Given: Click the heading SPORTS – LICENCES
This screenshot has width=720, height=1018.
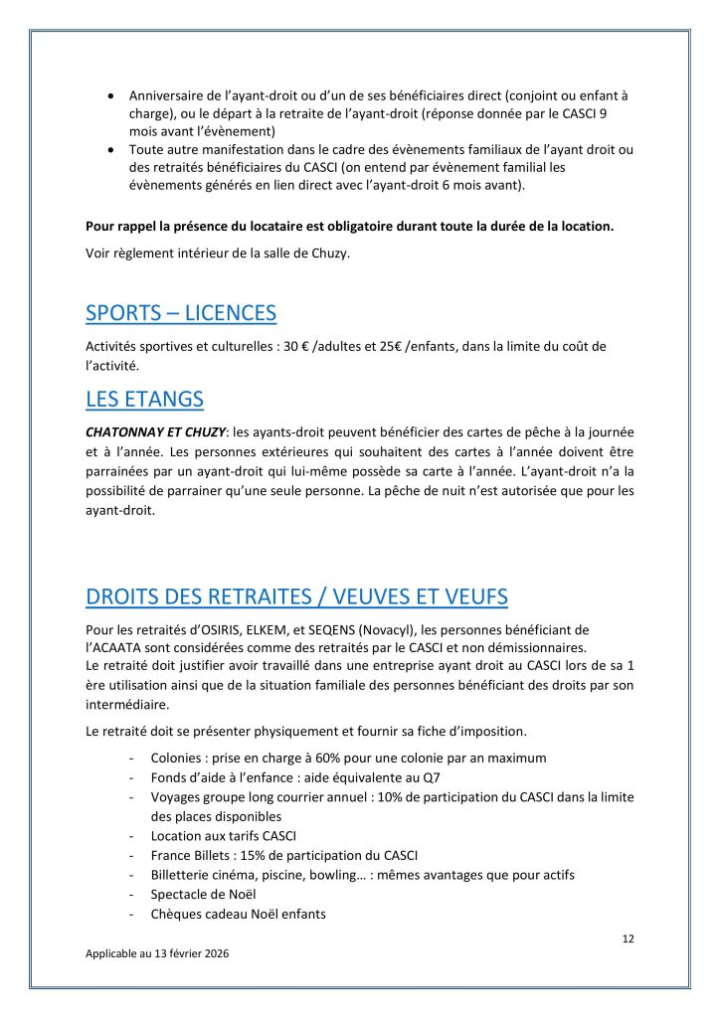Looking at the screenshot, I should click(x=181, y=313).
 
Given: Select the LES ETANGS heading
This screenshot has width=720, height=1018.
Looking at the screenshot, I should click(x=144, y=400).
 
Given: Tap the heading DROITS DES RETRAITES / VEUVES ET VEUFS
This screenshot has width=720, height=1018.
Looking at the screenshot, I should click(x=296, y=596).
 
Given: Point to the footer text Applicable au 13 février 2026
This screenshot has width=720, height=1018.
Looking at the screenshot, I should click(x=157, y=952).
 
